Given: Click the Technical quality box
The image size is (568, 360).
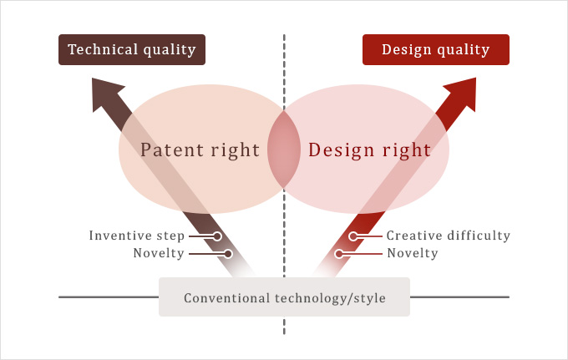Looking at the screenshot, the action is point(132,49).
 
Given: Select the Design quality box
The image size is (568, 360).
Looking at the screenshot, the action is point(436,49).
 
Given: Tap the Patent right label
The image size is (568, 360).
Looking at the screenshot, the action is point(200,150).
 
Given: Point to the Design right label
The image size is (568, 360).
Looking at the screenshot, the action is point(369,150).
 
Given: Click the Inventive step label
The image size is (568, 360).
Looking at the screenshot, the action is point(137,236).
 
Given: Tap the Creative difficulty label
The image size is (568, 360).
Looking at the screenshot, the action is point(449,236).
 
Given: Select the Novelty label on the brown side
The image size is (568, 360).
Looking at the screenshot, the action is point(159,253).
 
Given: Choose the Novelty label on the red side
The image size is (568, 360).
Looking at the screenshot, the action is point(413,253).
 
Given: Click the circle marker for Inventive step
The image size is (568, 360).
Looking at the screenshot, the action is point(217,236).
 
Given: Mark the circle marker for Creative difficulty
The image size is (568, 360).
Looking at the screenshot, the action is point(353,236).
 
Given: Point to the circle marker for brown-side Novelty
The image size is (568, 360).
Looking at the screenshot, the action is point(228,254).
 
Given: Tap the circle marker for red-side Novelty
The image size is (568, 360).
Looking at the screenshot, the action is point(339,254).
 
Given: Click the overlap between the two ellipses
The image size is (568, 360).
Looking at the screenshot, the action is point(284,150).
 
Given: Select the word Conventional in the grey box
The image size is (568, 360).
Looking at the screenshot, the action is point(226,298).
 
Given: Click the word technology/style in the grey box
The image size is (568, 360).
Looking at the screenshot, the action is point(330,298).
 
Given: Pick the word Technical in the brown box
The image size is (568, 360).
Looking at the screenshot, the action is point(103,49).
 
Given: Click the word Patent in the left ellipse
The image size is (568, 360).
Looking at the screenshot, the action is point(172,150).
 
